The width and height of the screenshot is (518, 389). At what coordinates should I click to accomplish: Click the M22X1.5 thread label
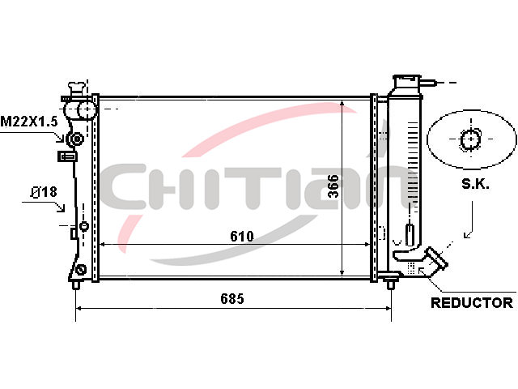pos(29,122)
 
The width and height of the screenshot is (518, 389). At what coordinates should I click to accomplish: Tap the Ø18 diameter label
pos(44,192)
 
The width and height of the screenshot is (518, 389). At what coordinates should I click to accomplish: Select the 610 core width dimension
pos(242,236)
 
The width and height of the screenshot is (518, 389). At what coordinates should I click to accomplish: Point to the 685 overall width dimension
pos(232,299)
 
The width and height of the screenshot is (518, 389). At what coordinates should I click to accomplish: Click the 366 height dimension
pos(333,186)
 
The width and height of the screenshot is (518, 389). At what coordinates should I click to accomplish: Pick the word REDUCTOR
pos(472,302)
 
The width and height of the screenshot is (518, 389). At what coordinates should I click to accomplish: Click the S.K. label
pos(475,184)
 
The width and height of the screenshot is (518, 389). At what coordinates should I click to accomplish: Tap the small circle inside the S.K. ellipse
pos(471,139)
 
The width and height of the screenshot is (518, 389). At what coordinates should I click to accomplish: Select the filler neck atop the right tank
pos(407,82)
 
